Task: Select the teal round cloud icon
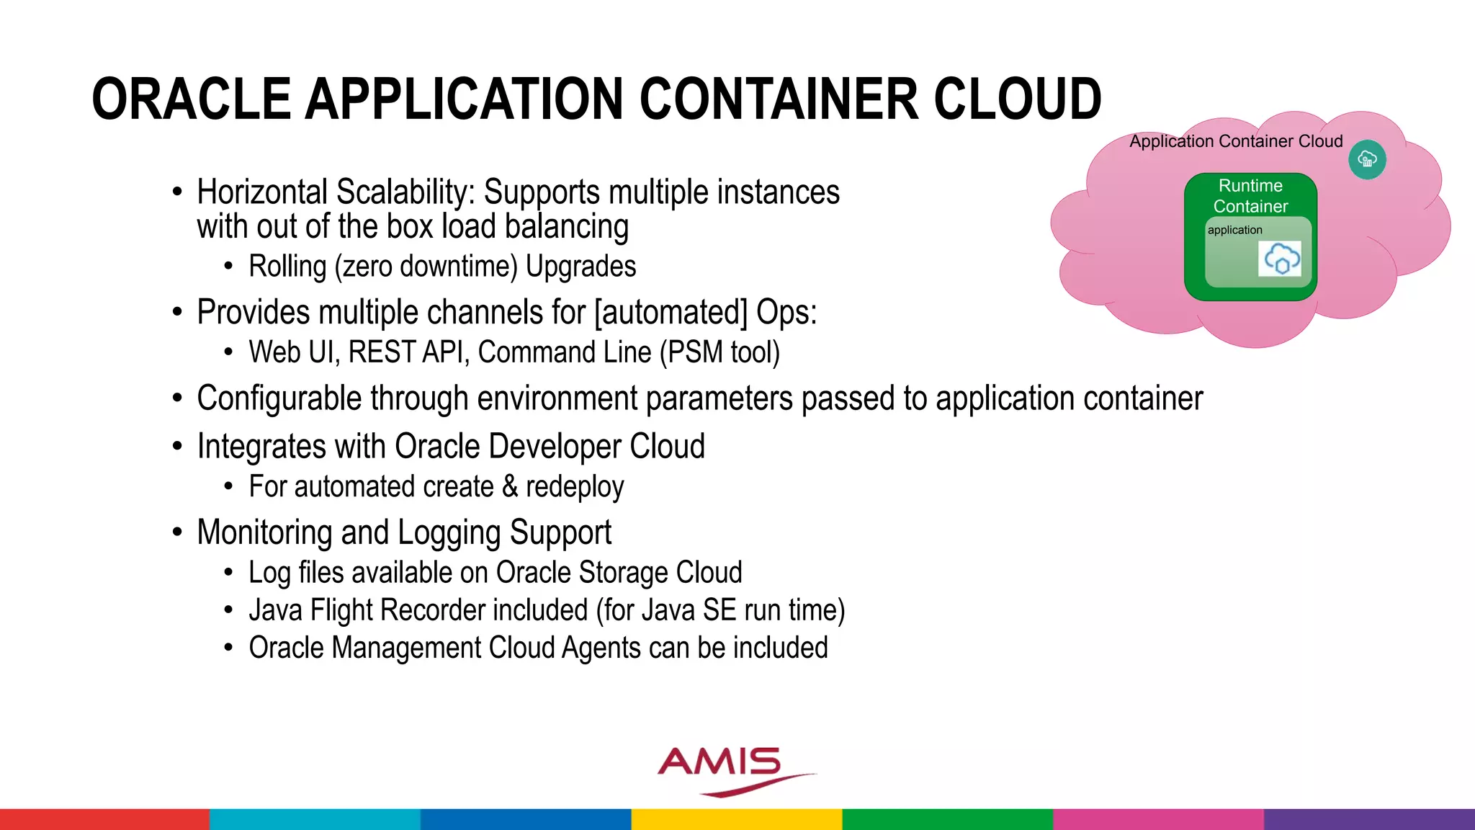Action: coord(1367,159)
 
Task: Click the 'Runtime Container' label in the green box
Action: coord(1250,196)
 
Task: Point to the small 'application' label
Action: coord(1234,230)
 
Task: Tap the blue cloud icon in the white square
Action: coord(1281,259)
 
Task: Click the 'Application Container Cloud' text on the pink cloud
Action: coord(1236,141)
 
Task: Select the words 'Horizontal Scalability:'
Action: coord(336,192)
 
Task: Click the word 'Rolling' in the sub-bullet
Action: coord(287,267)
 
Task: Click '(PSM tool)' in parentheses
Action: coord(720,352)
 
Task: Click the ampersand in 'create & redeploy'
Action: coord(510,486)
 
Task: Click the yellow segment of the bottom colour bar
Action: coord(737,819)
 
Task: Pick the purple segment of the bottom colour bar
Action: coord(1369,819)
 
